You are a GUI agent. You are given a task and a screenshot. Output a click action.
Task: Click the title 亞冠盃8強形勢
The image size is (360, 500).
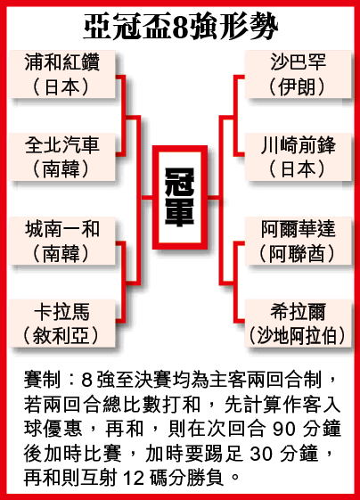(181, 27)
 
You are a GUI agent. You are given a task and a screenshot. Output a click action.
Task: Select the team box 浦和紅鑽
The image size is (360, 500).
(61, 74)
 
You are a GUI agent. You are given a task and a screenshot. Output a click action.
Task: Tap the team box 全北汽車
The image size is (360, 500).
(61, 157)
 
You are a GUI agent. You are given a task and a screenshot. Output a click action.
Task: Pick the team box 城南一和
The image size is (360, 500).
(61, 241)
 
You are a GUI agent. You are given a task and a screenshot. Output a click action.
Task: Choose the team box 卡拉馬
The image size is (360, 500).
(61, 323)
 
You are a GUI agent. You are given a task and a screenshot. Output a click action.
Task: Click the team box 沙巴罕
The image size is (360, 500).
(299, 74)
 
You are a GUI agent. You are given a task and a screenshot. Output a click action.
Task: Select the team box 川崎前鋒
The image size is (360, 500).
(299, 157)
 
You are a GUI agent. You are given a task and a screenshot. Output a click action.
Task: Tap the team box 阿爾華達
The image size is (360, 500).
(299, 241)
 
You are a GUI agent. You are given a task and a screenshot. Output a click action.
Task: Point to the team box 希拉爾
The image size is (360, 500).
(299, 323)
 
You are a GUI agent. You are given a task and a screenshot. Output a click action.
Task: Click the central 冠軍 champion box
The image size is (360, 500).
(180, 197)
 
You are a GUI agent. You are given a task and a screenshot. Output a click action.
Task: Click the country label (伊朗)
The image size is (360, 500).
(298, 87)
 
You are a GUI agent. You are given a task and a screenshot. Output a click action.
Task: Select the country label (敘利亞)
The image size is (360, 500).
(61, 335)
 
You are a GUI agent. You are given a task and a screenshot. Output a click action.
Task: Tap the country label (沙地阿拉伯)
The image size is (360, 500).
(298, 335)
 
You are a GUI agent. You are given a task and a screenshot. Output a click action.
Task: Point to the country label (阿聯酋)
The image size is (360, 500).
(298, 253)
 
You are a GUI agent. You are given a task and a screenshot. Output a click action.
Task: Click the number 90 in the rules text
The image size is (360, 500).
(284, 429)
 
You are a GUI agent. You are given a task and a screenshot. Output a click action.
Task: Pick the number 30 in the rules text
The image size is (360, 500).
(261, 454)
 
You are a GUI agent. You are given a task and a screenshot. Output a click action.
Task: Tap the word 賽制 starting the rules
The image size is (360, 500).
(42, 380)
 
